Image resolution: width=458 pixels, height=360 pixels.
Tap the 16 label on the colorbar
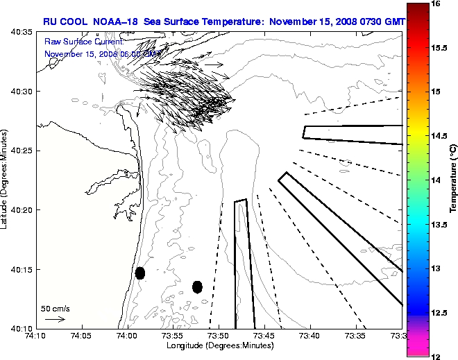[435, 4]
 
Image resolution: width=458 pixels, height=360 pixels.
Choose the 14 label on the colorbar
[435, 180]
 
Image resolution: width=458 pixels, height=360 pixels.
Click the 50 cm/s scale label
[56, 308]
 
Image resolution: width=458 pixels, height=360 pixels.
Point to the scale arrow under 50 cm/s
[55, 319]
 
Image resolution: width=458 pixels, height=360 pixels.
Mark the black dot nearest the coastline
[140, 273]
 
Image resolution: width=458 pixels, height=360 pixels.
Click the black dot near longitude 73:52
[197, 286]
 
